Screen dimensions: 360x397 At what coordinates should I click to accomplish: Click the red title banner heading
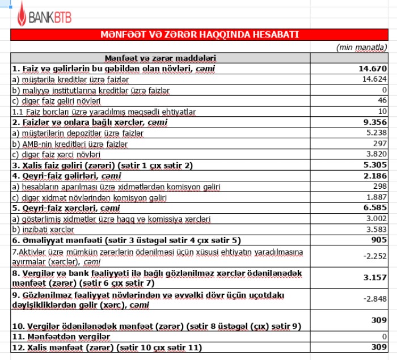(x=199, y=35)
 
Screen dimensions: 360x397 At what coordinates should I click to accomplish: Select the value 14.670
(x=373, y=69)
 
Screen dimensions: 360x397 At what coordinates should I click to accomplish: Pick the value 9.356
(x=375, y=122)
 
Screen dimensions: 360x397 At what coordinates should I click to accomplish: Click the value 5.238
(x=376, y=133)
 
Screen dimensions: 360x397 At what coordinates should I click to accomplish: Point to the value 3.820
(x=376, y=154)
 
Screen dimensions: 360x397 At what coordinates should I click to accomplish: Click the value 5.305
(x=375, y=165)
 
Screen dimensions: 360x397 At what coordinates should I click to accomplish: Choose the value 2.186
(x=375, y=176)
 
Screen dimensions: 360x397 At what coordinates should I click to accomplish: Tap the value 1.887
(x=376, y=197)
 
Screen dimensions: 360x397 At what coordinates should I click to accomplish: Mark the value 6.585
(x=375, y=208)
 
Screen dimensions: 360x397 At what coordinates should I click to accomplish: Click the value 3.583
(x=376, y=230)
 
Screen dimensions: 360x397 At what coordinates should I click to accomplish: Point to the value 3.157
(x=375, y=277)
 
